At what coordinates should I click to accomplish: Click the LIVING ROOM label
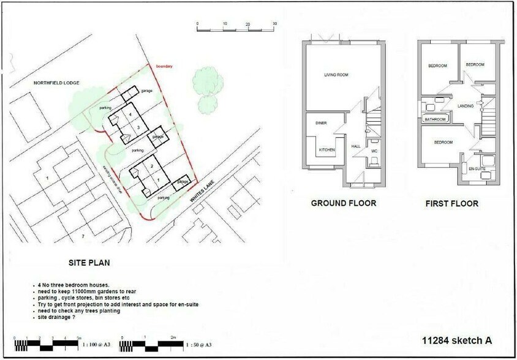[336, 75]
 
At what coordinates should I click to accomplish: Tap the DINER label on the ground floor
[321, 123]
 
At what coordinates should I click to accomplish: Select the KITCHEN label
[326, 150]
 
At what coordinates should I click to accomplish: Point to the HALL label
[355, 146]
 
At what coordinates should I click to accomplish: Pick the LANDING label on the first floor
[466, 107]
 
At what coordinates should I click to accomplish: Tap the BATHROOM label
[436, 119]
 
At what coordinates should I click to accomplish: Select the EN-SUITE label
[476, 167]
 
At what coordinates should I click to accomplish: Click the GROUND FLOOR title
[343, 203]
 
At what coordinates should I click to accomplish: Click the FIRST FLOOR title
[451, 203]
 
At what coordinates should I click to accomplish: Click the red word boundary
[165, 66]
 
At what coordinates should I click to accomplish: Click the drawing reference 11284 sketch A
[457, 340]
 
